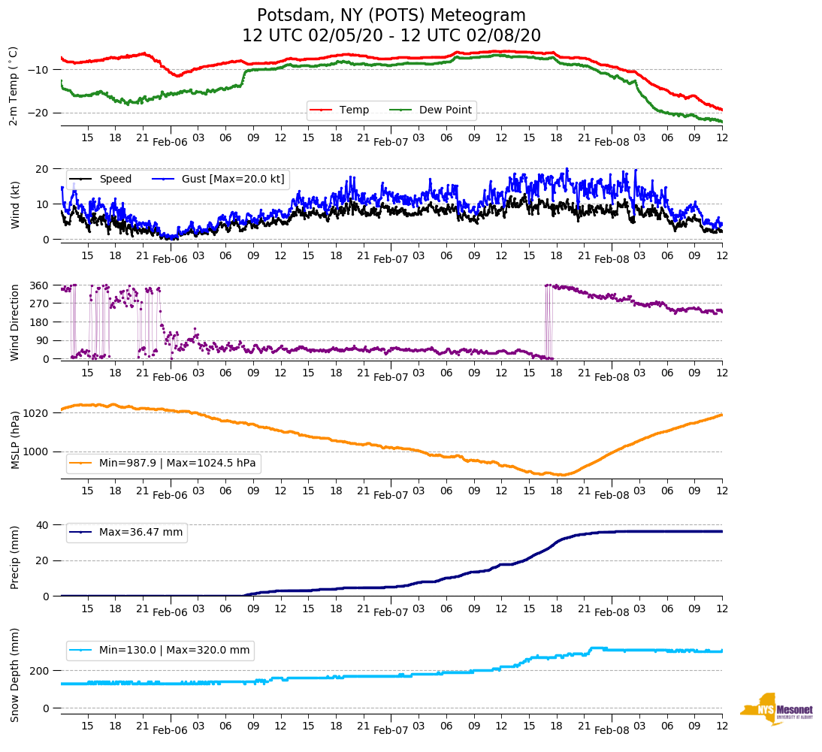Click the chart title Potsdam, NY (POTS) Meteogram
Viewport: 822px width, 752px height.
391,16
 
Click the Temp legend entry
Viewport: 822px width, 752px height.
354,110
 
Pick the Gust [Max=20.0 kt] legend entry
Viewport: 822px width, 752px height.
233,180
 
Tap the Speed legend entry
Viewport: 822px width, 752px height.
115,180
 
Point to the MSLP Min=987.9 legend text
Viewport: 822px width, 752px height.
177,464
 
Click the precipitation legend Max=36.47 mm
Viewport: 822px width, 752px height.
141,533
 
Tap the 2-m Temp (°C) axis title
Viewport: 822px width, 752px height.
14,86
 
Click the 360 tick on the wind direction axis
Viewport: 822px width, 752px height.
40,285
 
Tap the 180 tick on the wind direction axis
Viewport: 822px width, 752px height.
40,322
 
